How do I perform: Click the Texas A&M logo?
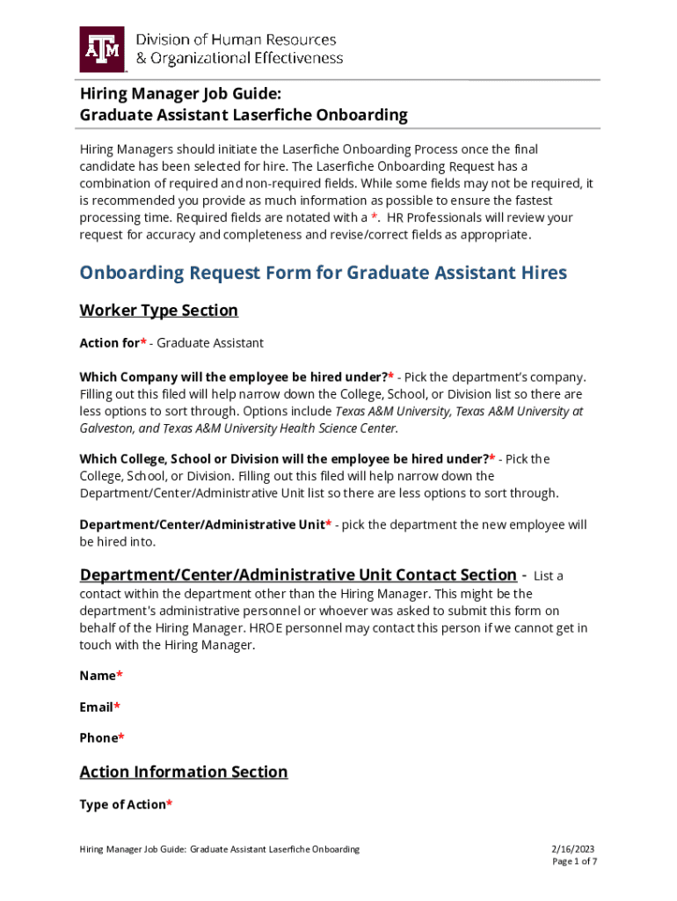tap(104, 48)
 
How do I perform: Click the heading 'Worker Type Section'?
tap(158, 311)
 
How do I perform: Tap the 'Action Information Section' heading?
tap(184, 772)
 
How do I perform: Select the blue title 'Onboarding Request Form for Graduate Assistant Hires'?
tap(324, 272)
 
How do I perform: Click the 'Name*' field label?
tap(101, 676)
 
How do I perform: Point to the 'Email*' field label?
tap(100, 707)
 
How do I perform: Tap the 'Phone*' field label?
tap(102, 738)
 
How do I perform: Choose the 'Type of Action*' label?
tap(126, 804)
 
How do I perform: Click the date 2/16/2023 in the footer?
tap(573, 849)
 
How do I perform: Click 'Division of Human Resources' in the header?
tap(236, 40)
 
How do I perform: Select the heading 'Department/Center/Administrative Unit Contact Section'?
tap(298, 575)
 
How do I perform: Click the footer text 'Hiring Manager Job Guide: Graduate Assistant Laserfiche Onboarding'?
tap(220, 849)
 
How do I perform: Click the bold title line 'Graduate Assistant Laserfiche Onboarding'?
tap(244, 114)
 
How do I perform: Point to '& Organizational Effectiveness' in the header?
tap(239, 58)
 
